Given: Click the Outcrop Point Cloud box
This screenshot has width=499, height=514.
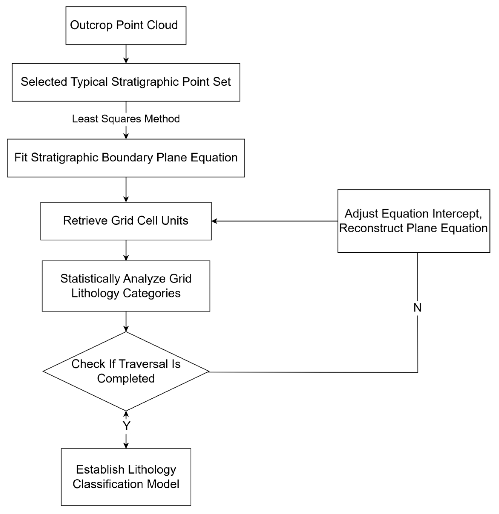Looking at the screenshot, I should [x=126, y=26].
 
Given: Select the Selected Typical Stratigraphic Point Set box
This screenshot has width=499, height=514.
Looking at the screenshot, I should [x=126, y=82].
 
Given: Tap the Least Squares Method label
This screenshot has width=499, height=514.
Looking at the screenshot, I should [x=126, y=119].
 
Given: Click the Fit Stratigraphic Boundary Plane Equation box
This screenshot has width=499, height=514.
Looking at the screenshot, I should [x=126, y=158].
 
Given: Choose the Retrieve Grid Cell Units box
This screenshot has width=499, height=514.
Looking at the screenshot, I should [x=126, y=221].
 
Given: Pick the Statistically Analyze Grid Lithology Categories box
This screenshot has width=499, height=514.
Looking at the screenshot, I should [x=126, y=286].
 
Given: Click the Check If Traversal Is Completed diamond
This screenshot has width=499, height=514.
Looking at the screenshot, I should [x=126, y=371].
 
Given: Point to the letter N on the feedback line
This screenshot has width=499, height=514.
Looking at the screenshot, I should [x=417, y=308].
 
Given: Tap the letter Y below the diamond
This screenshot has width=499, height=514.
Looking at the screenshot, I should [x=126, y=426].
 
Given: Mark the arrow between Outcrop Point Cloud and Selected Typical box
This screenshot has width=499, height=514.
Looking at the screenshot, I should [x=126, y=54].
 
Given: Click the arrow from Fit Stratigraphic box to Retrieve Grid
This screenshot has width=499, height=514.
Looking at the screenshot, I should [x=126, y=189].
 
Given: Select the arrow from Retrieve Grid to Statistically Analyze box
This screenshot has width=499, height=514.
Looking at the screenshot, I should [x=126, y=250].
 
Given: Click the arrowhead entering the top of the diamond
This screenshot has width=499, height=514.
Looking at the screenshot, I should [x=126, y=329].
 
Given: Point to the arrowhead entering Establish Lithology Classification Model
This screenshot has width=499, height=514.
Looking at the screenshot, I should [x=126, y=445].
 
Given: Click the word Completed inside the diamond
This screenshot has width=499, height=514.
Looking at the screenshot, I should [x=126, y=378].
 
